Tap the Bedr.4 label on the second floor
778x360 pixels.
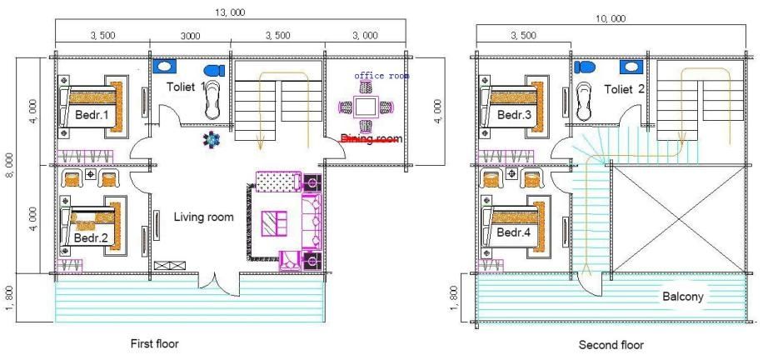click(x=514, y=232)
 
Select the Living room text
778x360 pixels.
click(x=203, y=217)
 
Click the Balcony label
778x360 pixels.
click(x=683, y=297)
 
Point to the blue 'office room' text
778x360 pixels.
click(x=382, y=76)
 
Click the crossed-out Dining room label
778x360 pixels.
click(x=372, y=139)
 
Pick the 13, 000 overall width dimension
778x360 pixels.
click(x=230, y=12)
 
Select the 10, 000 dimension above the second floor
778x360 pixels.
click(x=611, y=19)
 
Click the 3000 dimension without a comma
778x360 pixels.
click(x=190, y=36)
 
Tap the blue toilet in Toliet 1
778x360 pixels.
click(x=214, y=71)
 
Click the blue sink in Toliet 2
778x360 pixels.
click(x=631, y=67)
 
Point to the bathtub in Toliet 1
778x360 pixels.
click(x=212, y=99)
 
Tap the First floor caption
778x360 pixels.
click(x=154, y=343)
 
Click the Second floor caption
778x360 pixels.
click(x=611, y=345)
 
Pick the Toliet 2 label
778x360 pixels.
click(x=624, y=90)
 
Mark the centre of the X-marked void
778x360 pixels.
click(x=680, y=219)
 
